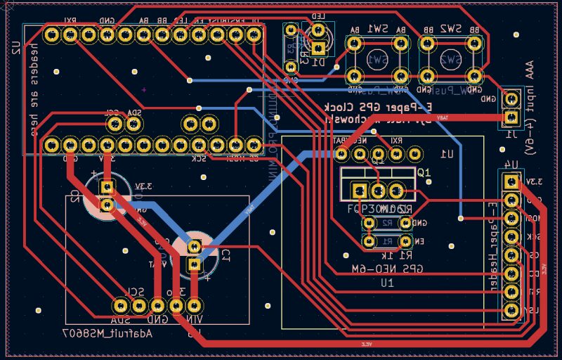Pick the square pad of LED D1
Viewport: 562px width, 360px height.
tap(319, 49)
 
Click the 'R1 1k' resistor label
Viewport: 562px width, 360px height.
tap(397, 255)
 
